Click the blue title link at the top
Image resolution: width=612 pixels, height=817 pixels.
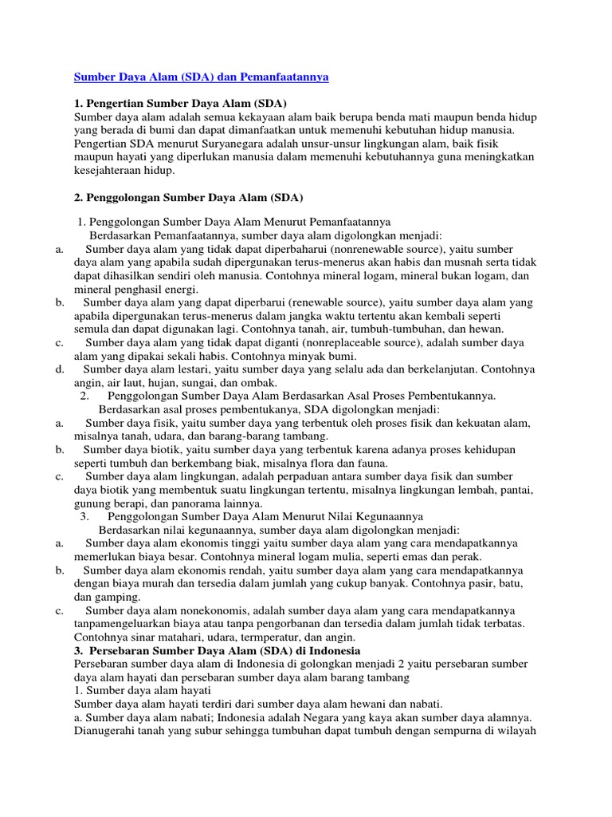click(x=201, y=77)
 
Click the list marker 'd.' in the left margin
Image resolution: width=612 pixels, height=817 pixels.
click(x=60, y=370)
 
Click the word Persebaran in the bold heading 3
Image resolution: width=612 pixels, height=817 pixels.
click(x=116, y=651)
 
